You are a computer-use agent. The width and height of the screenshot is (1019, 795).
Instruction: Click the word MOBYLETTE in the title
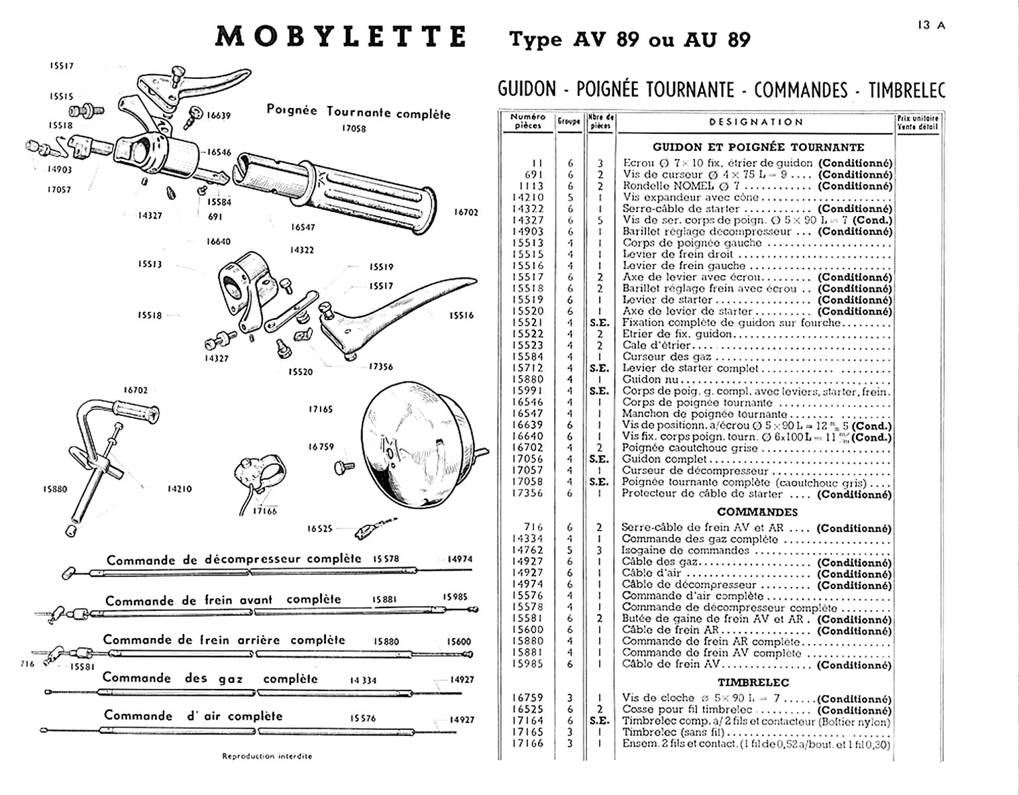click(341, 36)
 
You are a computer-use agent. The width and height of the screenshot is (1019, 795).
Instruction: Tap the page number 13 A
click(932, 25)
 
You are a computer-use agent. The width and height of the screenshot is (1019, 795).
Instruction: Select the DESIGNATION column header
click(756, 122)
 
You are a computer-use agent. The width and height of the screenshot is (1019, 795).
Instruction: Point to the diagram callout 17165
click(321, 409)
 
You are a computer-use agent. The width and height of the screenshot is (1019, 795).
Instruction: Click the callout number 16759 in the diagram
click(321, 447)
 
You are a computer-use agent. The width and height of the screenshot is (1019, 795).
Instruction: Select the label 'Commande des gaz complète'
click(210, 678)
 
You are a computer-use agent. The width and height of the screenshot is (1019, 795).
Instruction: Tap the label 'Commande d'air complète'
click(193, 716)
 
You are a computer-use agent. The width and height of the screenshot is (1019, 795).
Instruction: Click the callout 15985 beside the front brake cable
click(456, 597)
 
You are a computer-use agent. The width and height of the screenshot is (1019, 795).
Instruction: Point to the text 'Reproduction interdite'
click(267, 756)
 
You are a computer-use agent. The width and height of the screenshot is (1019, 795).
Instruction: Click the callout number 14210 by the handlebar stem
click(179, 489)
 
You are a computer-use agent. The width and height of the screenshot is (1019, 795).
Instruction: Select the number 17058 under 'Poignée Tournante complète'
click(354, 129)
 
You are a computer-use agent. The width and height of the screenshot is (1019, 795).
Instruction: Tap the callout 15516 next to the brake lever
click(461, 315)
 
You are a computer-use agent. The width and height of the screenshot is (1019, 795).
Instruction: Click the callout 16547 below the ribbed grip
click(303, 227)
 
